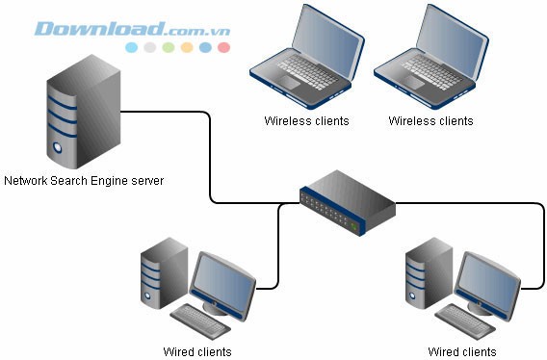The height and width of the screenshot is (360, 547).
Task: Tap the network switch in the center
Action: coord(347,201)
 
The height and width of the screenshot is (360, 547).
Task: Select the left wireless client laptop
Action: coord(306,59)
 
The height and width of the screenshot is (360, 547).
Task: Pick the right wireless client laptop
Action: coord(430,59)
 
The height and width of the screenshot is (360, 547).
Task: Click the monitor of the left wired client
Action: coord(223,280)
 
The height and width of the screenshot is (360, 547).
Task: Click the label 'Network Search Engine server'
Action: coord(84,180)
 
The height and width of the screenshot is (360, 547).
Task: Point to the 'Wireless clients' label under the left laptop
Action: coord(306,121)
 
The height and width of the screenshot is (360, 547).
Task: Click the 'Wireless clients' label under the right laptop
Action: coord(430,121)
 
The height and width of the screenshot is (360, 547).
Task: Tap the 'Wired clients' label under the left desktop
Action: coord(197,351)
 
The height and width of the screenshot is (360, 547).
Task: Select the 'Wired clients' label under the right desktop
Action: coord(462,351)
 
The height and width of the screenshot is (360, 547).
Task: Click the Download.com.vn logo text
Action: coord(132,28)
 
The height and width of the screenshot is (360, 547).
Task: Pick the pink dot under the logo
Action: coord(223,46)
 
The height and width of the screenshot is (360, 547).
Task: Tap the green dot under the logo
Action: coord(169,46)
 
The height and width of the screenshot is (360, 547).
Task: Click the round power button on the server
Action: coord(59,149)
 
